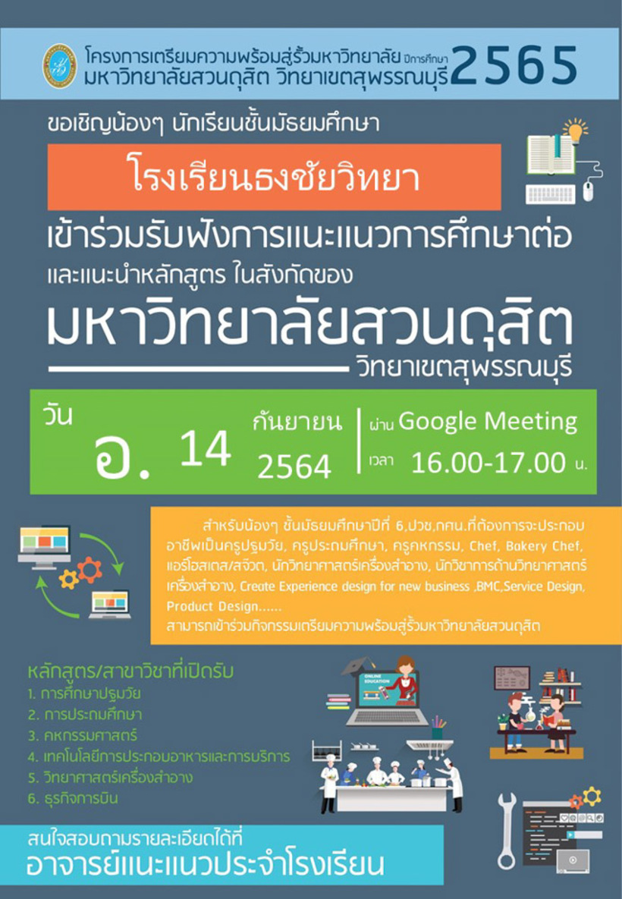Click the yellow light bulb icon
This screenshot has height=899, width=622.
tap(574, 131)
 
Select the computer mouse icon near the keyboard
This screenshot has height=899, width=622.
tap(588, 192)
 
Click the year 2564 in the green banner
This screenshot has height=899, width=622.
tap(294, 466)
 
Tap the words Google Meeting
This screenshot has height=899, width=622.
tap(488, 421)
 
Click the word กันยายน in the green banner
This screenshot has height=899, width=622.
tap(297, 423)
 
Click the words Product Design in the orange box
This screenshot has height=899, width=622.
tap(212, 607)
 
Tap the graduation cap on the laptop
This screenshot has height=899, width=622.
tap(357, 666)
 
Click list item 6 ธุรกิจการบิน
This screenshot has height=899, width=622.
tap(73, 798)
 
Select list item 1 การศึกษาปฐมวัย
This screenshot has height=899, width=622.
tap(84, 693)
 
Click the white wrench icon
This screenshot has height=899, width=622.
tap(506, 831)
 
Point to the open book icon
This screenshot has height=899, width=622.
tap(550, 153)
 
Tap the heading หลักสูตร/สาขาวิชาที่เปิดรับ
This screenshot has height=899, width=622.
tap(130, 671)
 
